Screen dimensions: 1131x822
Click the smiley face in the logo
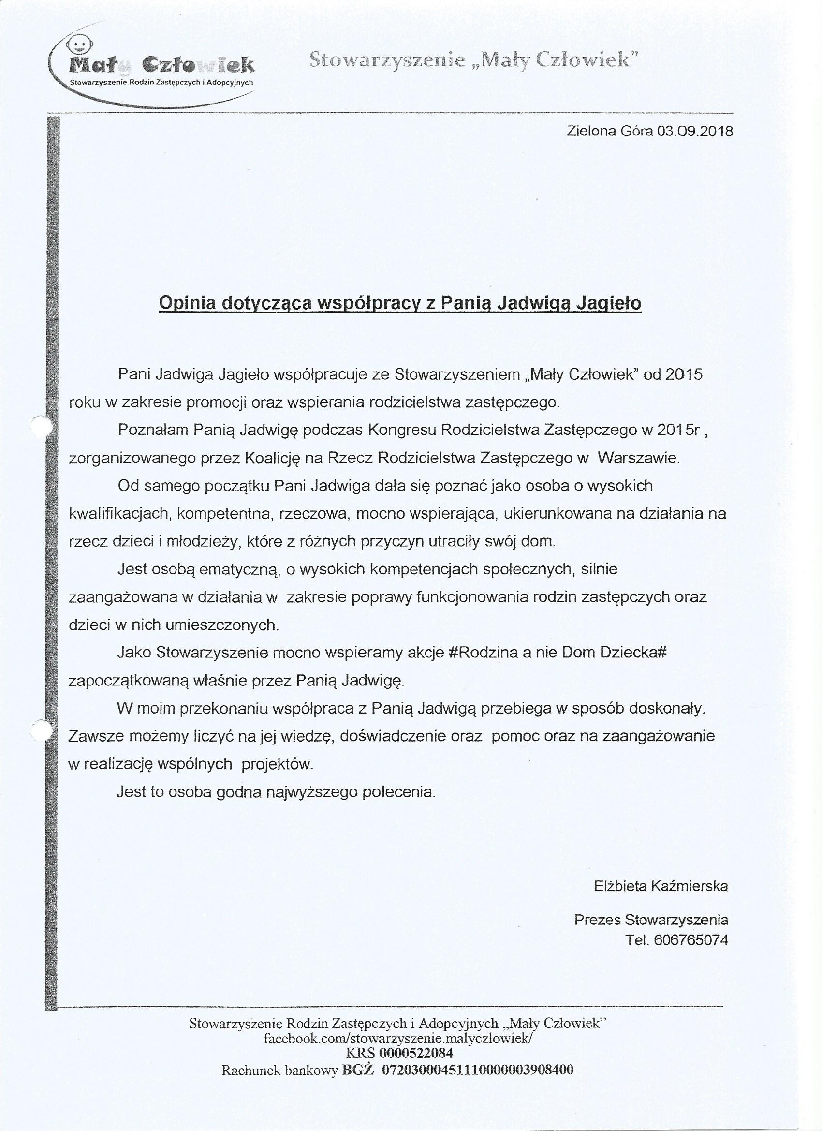[x=79, y=45]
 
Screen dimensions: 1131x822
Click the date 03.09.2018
[x=695, y=132]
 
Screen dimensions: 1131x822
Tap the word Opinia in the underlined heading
[x=187, y=303]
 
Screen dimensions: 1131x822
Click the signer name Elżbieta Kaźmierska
[x=661, y=886]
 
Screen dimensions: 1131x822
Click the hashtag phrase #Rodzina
[x=484, y=653]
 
